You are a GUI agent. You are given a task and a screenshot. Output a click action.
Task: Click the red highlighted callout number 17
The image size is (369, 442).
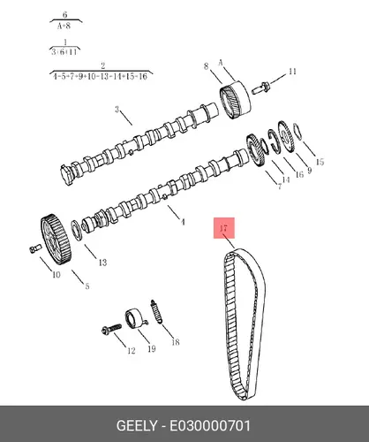[223, 228]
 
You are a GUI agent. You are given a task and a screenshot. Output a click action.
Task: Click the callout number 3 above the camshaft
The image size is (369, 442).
[117, 110]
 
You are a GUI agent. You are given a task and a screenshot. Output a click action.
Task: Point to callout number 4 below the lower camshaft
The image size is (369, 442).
[183, 222]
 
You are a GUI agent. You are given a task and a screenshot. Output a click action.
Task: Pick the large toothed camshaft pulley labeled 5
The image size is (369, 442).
[56, 240]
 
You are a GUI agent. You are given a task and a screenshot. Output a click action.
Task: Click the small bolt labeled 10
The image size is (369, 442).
[34, 248]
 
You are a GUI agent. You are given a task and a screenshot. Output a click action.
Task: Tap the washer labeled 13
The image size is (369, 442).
[76, 230]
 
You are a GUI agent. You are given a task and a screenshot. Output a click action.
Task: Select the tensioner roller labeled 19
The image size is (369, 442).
[136, 318]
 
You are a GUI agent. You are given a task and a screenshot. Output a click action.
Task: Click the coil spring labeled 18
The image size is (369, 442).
[156, 311]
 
